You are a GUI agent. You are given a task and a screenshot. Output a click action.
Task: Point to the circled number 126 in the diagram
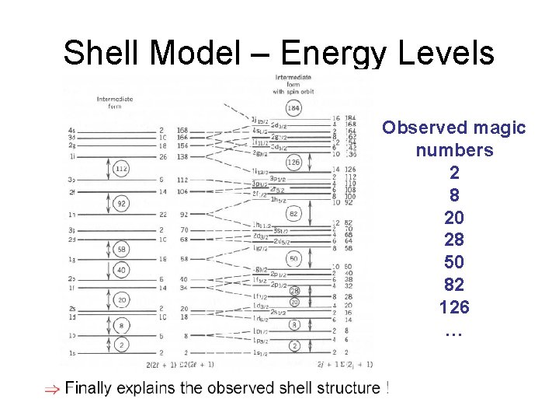293,163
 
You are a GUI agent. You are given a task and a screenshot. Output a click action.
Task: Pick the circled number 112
120,169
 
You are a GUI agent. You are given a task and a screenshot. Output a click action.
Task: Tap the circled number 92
120,204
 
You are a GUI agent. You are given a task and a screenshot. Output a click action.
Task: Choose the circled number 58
120,250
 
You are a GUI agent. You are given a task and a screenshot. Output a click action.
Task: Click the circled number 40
120,269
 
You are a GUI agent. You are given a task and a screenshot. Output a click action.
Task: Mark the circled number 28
294,291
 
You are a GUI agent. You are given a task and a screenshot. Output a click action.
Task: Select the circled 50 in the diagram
293,258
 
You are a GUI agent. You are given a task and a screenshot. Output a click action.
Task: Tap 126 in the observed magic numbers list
454,308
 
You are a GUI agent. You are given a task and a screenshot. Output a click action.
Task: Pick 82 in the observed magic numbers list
454,285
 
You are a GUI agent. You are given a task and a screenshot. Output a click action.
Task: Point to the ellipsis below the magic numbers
453,332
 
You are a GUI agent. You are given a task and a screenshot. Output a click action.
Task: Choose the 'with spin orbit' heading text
289,92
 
